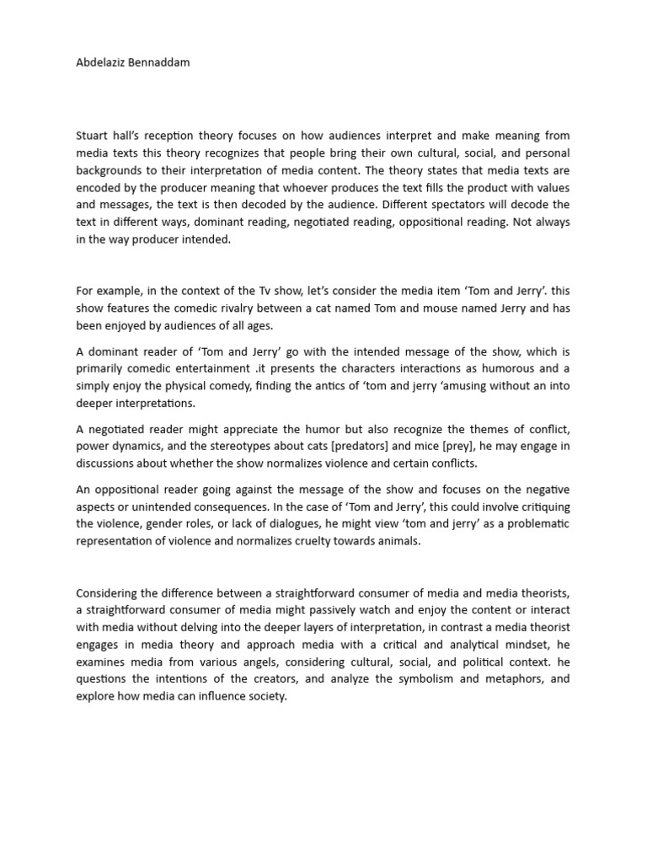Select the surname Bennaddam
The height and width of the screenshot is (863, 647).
click(159, 63)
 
